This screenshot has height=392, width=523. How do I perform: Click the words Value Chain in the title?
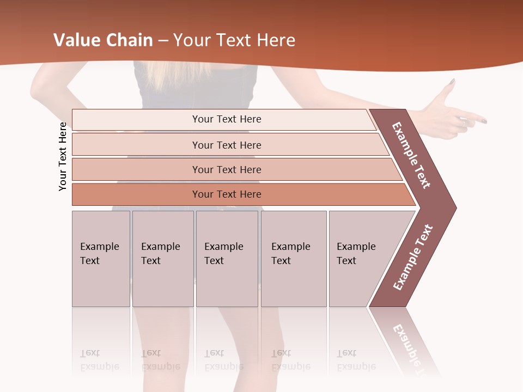pos(103,40)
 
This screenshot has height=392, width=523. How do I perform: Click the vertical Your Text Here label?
pos(63,156)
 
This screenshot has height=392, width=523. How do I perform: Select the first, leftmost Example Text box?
pos(101,258)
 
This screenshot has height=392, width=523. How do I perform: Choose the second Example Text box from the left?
pos(162,258)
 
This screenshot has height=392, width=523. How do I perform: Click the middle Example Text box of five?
pos(227,258)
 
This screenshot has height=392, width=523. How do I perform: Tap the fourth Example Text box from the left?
pos(293,258)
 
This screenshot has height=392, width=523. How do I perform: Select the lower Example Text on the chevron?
pos(413,257)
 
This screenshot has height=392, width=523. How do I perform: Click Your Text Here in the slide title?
pos(234,40)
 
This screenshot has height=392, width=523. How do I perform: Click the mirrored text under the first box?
pos(100,359)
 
